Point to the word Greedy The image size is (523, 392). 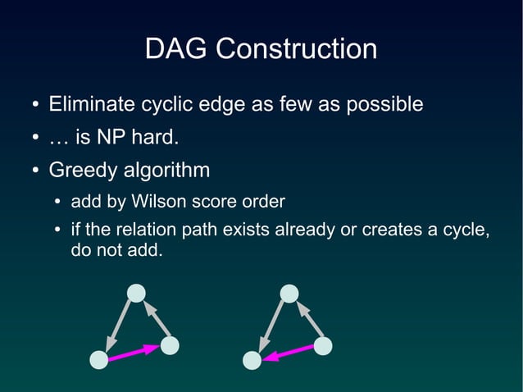point(84,171)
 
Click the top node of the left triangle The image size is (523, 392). point(137,293)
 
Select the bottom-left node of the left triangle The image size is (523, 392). point(98,360)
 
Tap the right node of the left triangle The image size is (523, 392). point(170,345)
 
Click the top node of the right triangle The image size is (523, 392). point(289,293)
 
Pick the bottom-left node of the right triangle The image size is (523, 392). point(252,360)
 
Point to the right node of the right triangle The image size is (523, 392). point(323,345)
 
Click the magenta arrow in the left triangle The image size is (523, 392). point(134,353)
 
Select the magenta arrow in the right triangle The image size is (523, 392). point(287,353)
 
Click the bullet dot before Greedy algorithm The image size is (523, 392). point(35,171)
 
